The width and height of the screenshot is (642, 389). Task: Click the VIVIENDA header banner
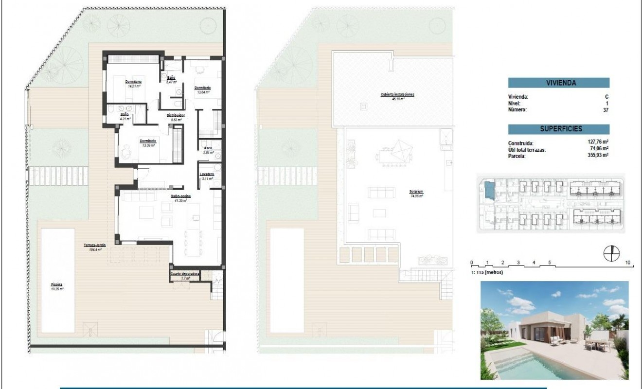point(558,83)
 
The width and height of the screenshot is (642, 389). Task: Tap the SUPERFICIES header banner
point(558,129)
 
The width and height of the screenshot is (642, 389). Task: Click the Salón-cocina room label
point(180,196)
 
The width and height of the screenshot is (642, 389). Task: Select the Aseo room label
point(208,147)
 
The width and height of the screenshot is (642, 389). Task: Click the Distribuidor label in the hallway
point(175,115)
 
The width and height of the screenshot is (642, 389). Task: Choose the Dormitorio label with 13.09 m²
point(148,141)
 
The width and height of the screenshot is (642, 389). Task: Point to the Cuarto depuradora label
point(185,274)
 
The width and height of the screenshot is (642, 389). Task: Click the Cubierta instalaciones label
point(397,94)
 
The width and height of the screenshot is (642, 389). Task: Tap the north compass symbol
point(611,254)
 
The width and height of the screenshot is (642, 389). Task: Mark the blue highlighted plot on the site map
point(489,192)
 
